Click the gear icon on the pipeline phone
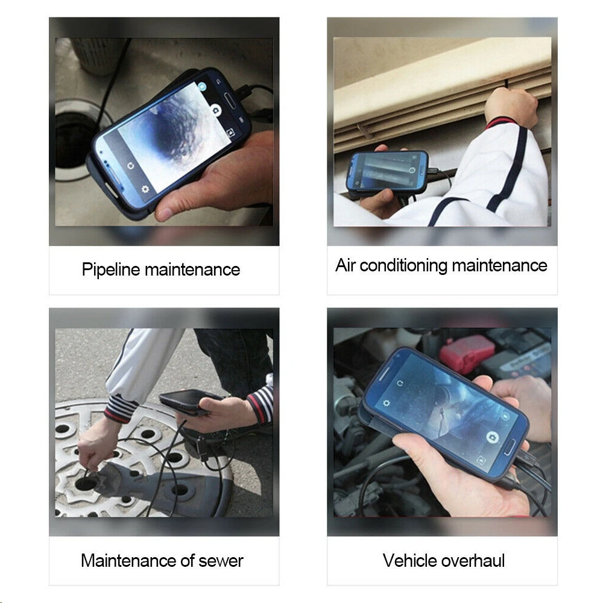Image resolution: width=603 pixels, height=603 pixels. tap(145, 189)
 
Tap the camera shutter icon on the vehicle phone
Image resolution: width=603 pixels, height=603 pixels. tap(491, 437)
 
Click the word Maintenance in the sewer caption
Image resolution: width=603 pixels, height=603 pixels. tap(128, 561)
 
